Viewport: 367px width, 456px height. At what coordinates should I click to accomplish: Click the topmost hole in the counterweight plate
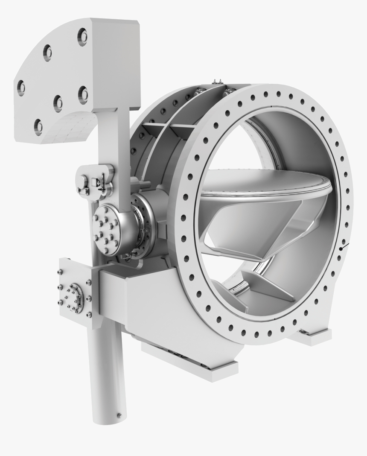click(82, 37)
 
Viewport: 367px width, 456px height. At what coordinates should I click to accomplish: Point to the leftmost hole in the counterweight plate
click(21, 88)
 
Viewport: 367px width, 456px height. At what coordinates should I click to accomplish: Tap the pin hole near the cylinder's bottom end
click(119, 415)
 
